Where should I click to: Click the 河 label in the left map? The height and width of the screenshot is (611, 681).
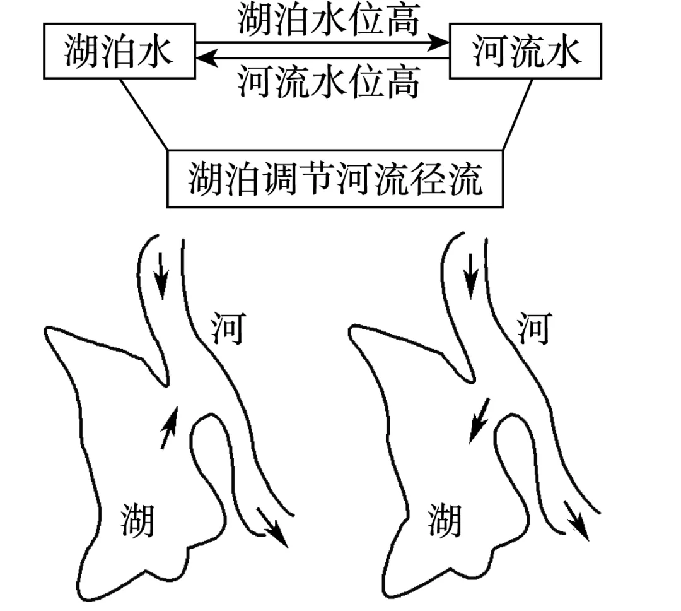(x=226, y=330)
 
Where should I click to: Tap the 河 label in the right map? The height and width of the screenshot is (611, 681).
(x=533, y=330)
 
